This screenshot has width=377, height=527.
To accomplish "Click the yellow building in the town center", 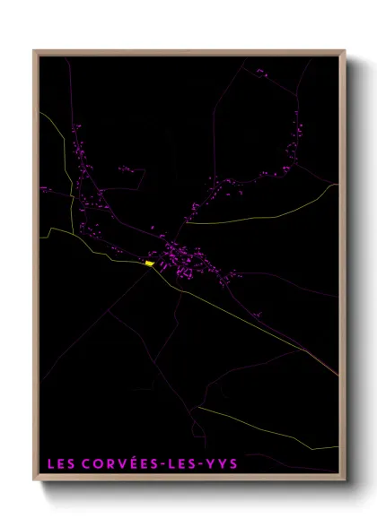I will tap(149, 263).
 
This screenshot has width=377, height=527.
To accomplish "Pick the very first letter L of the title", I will tap(50, 464).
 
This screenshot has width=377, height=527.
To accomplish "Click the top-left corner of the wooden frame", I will tap(35, 51).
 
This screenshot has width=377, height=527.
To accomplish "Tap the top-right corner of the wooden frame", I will tap(346, 51).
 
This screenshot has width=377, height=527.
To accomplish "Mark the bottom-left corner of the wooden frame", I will tap(35, 482).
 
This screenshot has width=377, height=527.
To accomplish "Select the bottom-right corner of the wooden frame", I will tap(346, 482).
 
